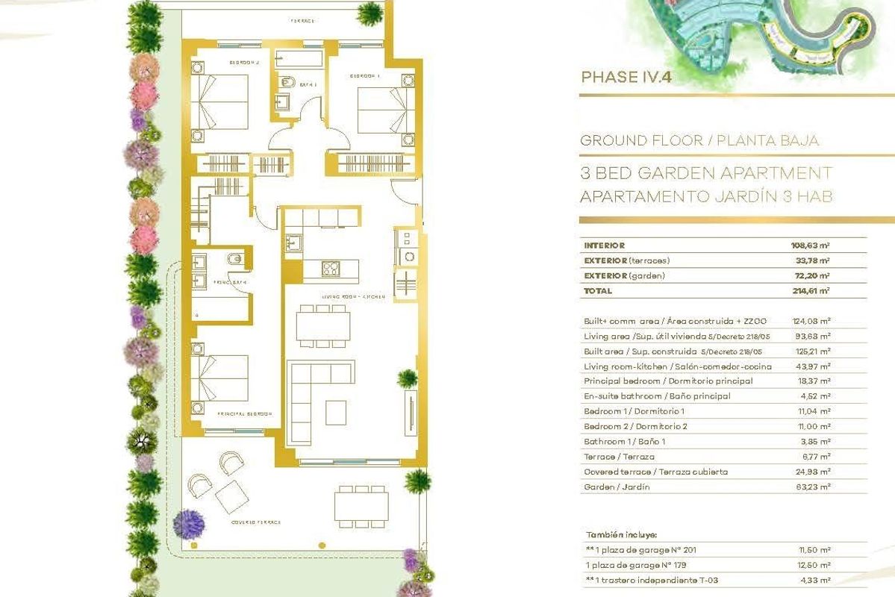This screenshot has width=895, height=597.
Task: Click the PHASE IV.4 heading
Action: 626,77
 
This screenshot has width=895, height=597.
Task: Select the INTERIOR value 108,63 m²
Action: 811,245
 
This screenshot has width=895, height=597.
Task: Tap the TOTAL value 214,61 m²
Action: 811,291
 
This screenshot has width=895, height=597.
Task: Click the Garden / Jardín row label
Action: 617,487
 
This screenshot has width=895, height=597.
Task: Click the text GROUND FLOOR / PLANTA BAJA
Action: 699,140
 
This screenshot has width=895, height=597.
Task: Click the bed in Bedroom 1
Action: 382,110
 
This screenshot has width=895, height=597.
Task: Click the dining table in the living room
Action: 323,327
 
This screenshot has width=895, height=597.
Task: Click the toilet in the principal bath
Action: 233,259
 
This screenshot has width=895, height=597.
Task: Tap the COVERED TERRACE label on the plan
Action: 256,522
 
